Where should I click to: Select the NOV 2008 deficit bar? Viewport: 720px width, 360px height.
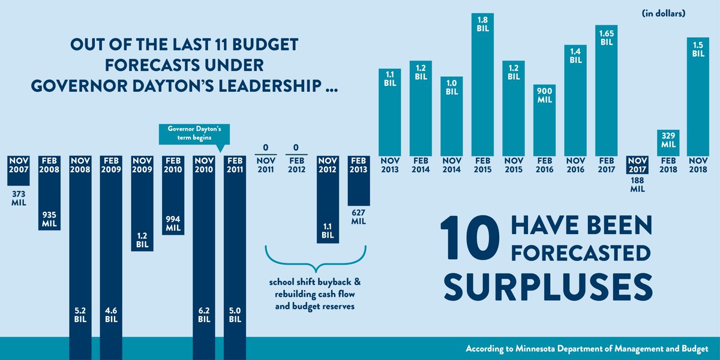(82, 252)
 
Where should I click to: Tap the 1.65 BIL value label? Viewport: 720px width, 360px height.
(607, 38)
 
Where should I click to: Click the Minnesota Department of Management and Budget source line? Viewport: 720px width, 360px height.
(587, 349)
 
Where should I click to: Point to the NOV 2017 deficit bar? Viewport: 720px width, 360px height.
(638, 164)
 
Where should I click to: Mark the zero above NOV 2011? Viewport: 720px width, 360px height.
(265, 148)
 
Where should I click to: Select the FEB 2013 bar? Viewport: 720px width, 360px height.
(358, 180)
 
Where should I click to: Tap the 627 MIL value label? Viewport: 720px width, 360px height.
(358, 217)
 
